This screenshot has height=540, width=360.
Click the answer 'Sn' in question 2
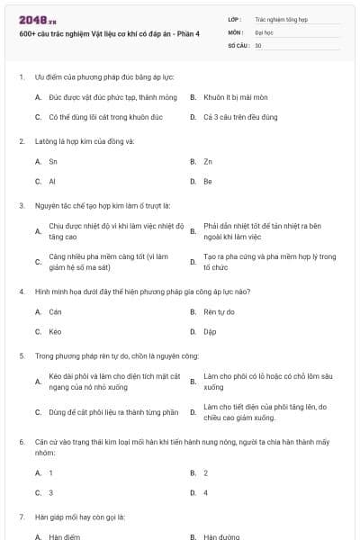coord(53,161)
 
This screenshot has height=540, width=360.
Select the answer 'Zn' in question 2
coord(208,161)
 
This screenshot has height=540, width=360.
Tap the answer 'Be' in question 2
coord(208,181)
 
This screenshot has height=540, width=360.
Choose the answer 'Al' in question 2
coord(52,181)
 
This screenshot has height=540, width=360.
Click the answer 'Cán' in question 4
coord(56,311)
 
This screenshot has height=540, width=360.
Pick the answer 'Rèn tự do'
coord(219,311)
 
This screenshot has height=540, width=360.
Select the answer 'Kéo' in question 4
coord(55,331)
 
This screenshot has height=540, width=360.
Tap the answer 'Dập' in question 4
coord(210,331)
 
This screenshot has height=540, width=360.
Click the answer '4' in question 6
coord(206,492)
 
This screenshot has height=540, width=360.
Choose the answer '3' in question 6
coord(50,492)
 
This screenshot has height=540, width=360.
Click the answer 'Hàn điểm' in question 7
coord(63,536)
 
